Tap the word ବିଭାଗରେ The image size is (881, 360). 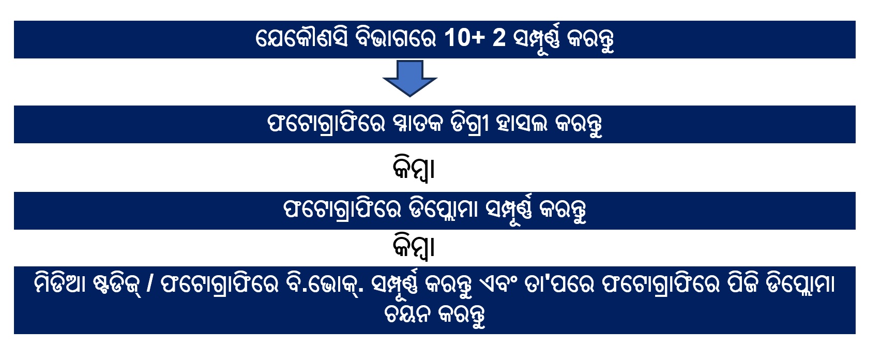point(396,38)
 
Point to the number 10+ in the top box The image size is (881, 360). point(464,38)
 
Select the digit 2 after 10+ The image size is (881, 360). point(499,38)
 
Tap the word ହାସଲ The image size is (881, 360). point(521,124)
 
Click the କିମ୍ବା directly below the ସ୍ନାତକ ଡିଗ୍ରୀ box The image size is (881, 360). point(414,168)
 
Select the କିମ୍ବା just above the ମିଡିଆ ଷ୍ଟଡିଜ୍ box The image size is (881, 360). point(414,247)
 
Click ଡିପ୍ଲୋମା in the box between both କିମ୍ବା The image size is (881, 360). point(443,209)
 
